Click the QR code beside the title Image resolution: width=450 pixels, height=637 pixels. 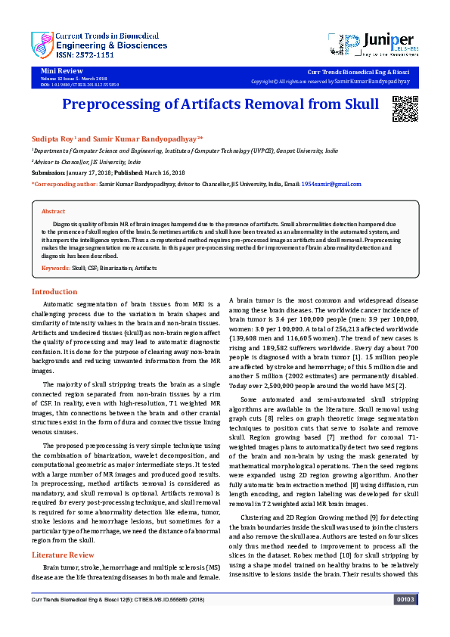(405, 109)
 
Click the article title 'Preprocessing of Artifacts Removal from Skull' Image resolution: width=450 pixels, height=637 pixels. (219, 104)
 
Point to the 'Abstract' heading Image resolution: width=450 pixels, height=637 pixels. (53, 212)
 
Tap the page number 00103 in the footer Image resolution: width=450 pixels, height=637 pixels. (405, 620)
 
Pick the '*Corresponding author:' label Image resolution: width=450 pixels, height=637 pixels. (65, 184)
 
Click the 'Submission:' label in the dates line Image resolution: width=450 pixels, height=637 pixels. (48, 172)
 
